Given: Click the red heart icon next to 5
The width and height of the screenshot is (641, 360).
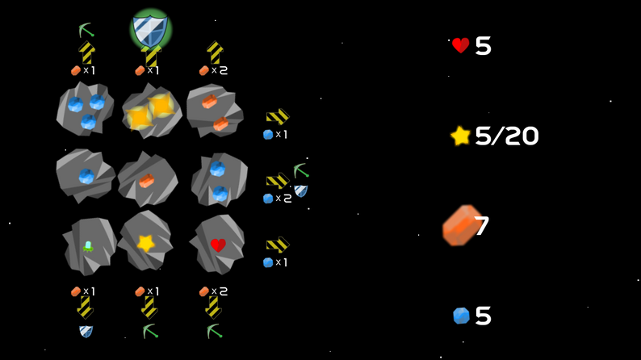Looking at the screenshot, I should (x=460, y=46).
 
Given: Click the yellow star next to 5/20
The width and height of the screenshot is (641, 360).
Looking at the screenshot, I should (x=460, y=136).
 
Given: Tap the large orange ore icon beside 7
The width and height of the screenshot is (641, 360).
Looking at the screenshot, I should (x=461, y=225).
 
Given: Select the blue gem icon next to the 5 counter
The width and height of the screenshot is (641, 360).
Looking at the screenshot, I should (x=461, y=316).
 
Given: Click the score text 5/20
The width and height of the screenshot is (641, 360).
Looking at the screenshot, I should (x=506, y=136).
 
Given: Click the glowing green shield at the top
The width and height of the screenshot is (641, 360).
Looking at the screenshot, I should (x=150, y=30).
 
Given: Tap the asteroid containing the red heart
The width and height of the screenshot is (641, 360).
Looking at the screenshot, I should (x=217, y=244).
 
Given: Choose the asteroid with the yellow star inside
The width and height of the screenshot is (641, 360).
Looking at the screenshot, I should (x=145, y=241).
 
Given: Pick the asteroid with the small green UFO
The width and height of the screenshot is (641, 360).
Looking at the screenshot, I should (x=88, y=245).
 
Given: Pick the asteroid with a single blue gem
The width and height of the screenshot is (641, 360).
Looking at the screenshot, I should (x=85, y=175).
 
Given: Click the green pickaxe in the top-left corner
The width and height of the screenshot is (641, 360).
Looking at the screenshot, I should (x=86, y=31).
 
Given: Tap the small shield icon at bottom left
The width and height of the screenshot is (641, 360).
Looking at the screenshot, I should (x=86, y=331).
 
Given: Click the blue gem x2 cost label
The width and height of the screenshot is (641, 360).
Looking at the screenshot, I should (x=277, y=199).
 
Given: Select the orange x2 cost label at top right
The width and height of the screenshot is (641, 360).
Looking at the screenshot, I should (x=213, y=71).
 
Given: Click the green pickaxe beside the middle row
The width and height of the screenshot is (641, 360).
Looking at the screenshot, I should (x=301, y=170).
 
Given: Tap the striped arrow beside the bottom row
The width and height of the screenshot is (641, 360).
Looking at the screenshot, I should (x=278, y=245).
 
